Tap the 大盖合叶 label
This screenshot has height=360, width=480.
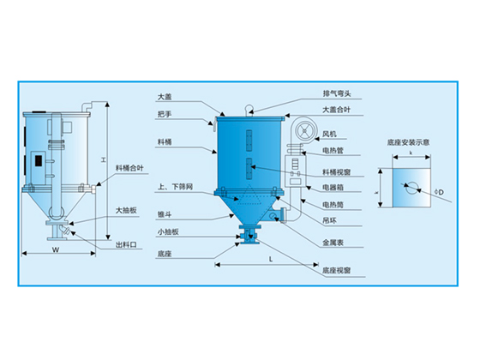coord(335,109)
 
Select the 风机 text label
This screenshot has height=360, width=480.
coord(328,134)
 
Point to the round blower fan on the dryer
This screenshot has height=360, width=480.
coord(302,129)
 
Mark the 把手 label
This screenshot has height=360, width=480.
coord(165,113)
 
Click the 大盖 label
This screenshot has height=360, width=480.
coord(165,96)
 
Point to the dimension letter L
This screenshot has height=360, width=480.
coord(270,257)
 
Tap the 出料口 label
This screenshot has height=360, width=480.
coord(126,244)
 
